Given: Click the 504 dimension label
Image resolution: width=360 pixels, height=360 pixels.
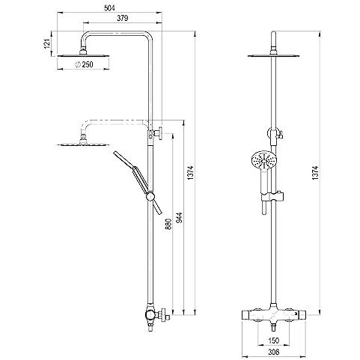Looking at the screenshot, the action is [109, 8].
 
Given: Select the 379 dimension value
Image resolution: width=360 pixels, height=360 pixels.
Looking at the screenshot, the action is [122, 18].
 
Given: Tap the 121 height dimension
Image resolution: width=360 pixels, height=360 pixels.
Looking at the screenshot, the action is [47, 44].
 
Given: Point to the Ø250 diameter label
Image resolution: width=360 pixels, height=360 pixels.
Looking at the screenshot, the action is [84, 64].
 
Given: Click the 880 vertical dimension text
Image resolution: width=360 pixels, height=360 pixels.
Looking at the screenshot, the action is [169, 224].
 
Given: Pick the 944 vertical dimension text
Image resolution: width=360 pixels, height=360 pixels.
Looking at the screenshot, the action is [180, 218].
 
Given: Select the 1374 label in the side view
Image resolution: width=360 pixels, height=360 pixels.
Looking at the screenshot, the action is [191, 173].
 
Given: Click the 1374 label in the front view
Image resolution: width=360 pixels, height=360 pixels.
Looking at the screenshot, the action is [315, 173].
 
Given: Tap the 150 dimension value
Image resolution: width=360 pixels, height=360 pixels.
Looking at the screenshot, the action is [274, 341].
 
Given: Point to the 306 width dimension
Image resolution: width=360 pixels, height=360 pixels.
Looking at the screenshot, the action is [274, 352].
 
